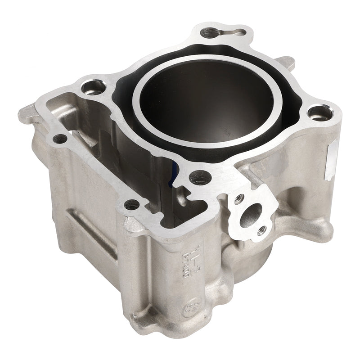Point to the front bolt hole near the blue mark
pyautogui.click(x=199, y=178)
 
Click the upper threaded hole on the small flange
pyautogui.click(x=238, y=198)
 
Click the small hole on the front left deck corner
pyautogui.click(x=131, y=205)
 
